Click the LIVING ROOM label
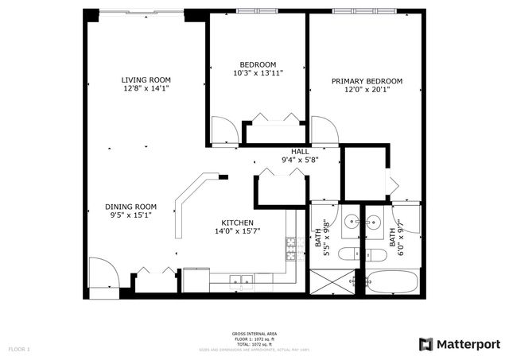[146, 80]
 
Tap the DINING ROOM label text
[130, 207]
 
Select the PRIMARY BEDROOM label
[367, 81]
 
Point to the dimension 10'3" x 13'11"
[258, 73]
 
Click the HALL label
[300, 151]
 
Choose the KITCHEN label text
[237, 223]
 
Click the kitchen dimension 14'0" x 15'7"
[237, 232]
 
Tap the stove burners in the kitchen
[291, 250]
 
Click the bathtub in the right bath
[392, 282]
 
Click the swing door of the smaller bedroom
[225, 131]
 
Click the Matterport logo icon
[425, 344]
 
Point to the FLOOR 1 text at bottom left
[19, 349]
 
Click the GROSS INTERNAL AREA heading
[254, 334]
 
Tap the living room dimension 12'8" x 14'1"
[146, 89]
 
